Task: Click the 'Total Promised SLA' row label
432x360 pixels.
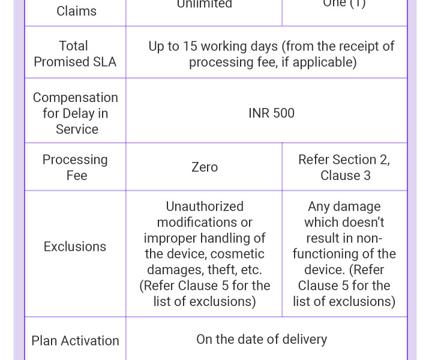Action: coord(75,53)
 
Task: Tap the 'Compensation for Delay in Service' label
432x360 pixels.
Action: coord(76,113)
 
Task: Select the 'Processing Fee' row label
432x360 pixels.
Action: coord(76,167)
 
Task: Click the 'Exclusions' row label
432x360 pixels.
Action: coord(75,247)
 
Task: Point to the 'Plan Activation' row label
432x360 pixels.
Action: coord(76,340)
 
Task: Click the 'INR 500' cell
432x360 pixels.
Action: coord(271,113)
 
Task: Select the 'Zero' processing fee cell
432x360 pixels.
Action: coord(204,167)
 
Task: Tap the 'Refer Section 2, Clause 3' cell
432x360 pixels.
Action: coord(344,167)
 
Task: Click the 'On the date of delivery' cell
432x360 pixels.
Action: coord(262,339)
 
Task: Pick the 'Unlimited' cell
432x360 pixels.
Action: coord(204,4)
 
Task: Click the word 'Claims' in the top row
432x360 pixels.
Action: coord(76,11)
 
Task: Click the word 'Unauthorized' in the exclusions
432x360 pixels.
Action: coord(205,206)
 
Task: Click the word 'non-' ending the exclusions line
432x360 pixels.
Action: coord(369,238)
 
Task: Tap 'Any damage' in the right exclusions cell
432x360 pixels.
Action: coord(344,206)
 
